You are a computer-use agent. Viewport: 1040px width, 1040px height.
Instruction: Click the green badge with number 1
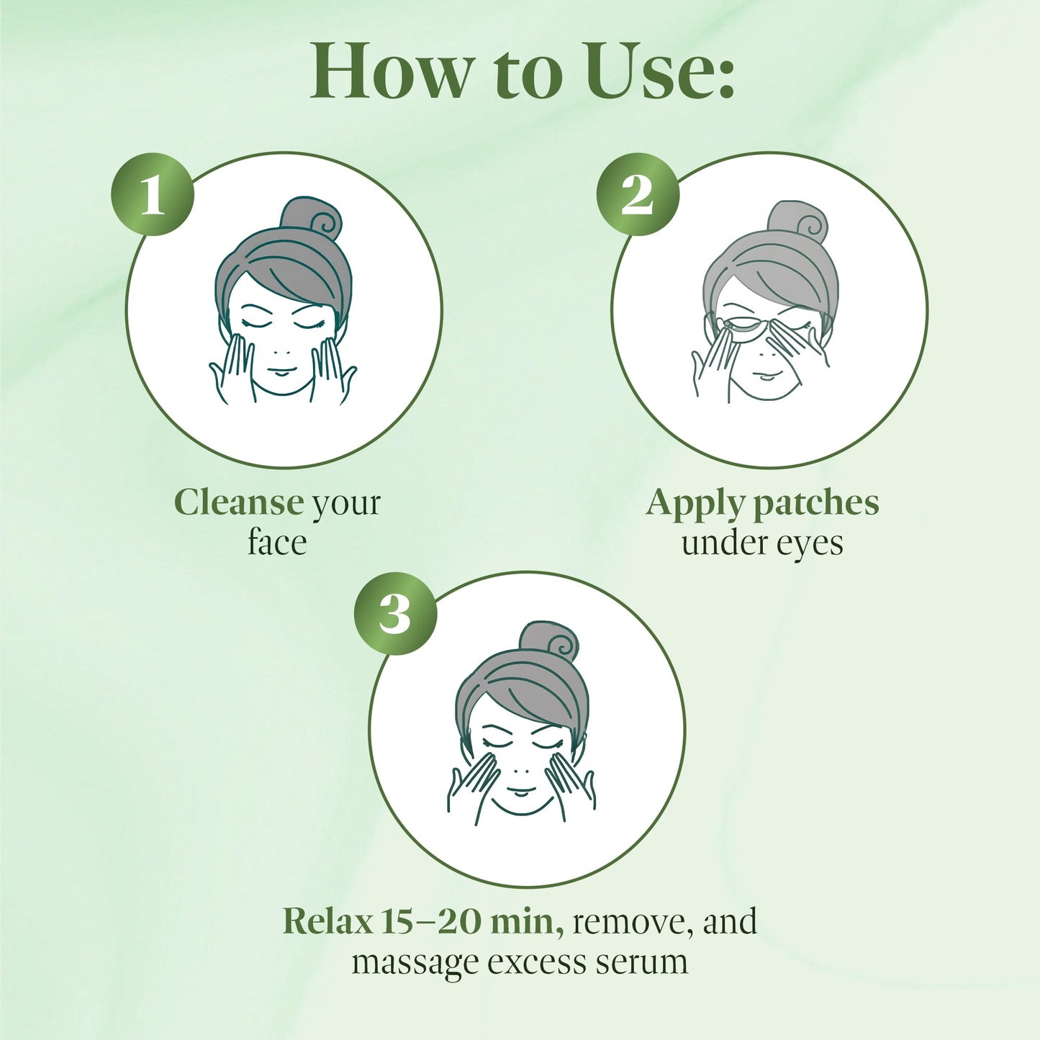coord(152,194)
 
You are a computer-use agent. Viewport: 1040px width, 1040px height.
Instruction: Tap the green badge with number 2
coord(638,194)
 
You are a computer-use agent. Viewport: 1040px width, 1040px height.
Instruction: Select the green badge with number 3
coord(395,614)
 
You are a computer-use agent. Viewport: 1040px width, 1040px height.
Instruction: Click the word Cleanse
coord(238,502)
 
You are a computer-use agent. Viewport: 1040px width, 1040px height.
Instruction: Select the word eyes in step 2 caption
coord(810,545)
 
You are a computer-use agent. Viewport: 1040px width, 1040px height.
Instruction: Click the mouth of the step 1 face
coord(283,372)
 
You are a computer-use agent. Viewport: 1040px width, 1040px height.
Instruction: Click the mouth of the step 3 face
coord(520,793)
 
